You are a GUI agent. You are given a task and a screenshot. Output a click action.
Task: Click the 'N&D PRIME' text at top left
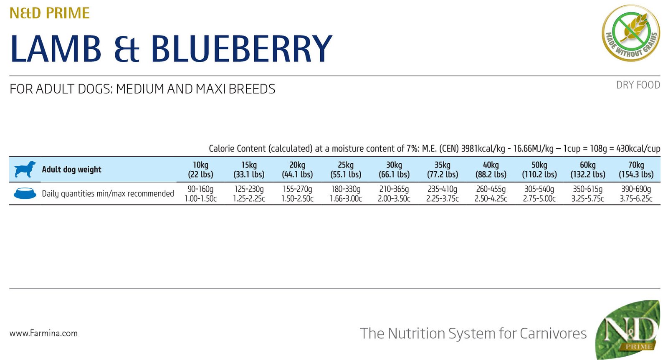click(x=49, y=13)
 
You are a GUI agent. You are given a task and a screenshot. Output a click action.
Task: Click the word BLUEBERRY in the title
click(x=241, y=49)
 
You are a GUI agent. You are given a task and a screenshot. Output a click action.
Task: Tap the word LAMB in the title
click(x=56, y=49)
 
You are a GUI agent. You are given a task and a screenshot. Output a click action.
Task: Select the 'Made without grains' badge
click(x=631, y=33)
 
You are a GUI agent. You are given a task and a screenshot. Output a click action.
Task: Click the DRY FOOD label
click(x=638, y=85)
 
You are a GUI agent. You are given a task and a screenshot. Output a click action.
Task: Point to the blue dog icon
click(x=25, y=169)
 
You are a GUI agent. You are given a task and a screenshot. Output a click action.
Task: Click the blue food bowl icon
click(x=25, y=193)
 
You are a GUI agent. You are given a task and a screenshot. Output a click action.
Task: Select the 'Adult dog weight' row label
click(x=71, y=170)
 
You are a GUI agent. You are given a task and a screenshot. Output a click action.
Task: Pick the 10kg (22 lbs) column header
click(x=200, y=170)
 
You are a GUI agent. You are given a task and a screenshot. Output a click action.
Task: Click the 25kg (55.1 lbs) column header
click(x=346, y=170)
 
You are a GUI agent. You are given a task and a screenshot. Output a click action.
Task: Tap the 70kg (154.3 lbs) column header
click(x=636, y=170)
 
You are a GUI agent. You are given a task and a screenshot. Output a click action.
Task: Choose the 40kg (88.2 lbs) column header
click(x=491, y=170)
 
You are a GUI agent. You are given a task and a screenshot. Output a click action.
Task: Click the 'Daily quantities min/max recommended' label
click(x=108, y=194)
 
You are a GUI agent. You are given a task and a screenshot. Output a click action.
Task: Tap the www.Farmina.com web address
click(x=43, y=333)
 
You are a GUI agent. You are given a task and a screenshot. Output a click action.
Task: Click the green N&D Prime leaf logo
click(x=628, y=330)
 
